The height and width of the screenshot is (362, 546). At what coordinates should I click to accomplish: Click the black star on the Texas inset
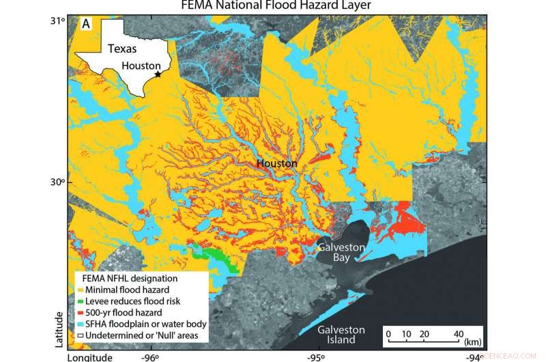(158, 74)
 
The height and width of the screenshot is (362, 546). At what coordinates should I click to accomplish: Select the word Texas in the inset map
(121, 48)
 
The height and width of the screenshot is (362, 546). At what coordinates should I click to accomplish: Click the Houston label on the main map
(276, 164)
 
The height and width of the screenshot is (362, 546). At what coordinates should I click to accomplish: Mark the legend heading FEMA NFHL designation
(121, 279)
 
